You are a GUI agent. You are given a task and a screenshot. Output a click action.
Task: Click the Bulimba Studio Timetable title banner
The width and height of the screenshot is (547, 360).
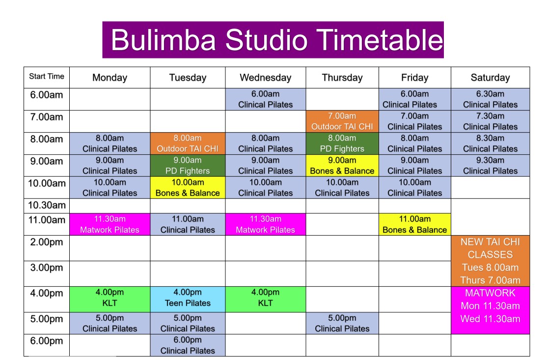(x=273, y=40)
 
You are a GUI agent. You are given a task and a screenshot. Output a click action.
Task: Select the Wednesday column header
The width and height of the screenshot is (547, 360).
(x=266, y=78)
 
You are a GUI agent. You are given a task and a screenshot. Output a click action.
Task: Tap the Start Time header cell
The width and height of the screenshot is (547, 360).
(x=46, y=78)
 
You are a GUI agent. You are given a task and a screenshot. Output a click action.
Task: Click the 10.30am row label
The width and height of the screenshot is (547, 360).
(x=46, y=205)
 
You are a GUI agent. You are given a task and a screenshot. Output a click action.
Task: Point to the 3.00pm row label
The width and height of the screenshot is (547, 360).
(x=46, y=274)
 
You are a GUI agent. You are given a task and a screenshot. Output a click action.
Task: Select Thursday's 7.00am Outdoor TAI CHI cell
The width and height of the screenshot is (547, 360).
(x=342, y=121)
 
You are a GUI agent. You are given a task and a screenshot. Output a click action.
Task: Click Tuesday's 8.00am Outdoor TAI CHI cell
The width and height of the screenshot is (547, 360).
(x=188, y=143)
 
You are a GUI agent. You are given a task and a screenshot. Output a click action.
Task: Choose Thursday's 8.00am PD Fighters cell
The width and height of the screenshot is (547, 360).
(x=342, y=143)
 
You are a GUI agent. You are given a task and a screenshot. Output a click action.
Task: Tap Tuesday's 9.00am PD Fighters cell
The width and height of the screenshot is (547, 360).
(x=188, y=166)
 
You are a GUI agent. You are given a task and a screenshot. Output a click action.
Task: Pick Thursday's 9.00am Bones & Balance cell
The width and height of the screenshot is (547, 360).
(x=342, y=166)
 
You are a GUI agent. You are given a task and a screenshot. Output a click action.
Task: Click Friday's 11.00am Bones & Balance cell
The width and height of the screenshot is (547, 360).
(x=415, y=224)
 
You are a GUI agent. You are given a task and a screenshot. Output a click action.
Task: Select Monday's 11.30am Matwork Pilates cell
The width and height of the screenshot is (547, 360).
(x=110, y=224)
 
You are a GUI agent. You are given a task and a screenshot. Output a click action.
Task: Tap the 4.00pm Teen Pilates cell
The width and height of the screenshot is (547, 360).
(x=188, y=299)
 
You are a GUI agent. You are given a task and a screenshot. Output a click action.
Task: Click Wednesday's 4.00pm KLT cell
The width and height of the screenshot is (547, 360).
(x=266, y=299)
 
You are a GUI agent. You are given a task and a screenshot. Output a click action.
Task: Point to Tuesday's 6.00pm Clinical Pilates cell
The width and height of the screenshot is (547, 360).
(x=188, y=345)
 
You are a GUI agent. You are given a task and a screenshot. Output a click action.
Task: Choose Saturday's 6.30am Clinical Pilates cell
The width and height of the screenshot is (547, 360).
(x=490, y=99)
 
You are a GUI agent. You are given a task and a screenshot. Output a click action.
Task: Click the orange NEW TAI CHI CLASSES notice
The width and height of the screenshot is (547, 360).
(x=490, y=261)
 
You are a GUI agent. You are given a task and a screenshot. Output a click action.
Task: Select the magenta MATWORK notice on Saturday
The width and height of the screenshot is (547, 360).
(x=490, y=310)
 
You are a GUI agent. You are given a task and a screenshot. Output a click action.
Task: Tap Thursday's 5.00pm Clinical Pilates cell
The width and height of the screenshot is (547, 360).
(x=342, y=323)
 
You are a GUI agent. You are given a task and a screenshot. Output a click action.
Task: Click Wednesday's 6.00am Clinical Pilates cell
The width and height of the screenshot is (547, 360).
(x=266, y=99)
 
